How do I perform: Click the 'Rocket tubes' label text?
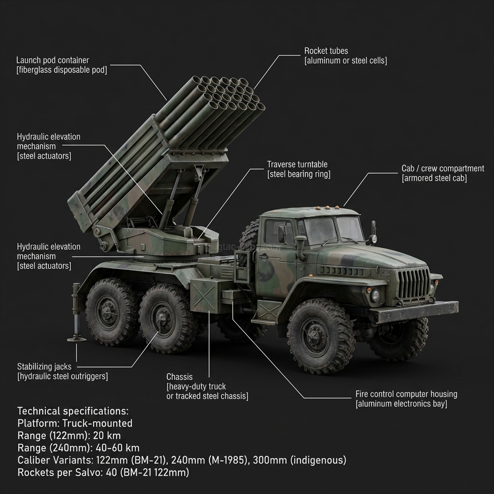click(326, 51)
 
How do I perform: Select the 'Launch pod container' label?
click(53, 60)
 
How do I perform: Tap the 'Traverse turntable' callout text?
click(297, 165)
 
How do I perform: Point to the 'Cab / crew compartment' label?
click(442, 168)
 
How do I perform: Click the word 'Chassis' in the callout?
click(179, 377)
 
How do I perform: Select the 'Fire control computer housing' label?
click(406, 394)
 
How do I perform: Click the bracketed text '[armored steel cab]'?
click(434, 178)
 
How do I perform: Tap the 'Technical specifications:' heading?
click(73, 411)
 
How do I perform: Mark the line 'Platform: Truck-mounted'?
click(75, 423)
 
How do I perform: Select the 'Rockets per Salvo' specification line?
click(103, 472)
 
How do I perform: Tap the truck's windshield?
click(333, 230)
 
